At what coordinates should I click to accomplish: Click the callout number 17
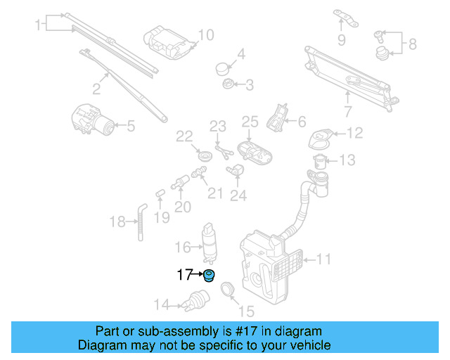(184, 275)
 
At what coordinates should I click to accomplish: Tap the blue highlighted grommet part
(209, 275)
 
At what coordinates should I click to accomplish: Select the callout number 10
(205, 34)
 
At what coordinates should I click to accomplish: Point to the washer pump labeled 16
(210, 240)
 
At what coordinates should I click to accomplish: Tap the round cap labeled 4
(224, 68)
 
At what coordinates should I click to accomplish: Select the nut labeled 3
(228, 84)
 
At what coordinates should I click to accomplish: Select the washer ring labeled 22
(206, 155)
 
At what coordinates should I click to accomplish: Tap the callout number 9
(342, 40)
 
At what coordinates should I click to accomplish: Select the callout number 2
(97, 89)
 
